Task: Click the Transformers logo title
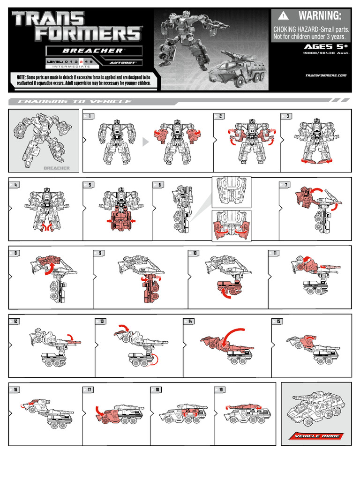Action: point(76,26)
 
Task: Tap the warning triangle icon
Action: point(283,16)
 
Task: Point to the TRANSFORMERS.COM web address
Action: point(325,75)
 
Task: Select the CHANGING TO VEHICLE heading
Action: point(75,102)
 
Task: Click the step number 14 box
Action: point(189,321)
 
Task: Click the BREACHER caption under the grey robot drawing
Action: point(56,168)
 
